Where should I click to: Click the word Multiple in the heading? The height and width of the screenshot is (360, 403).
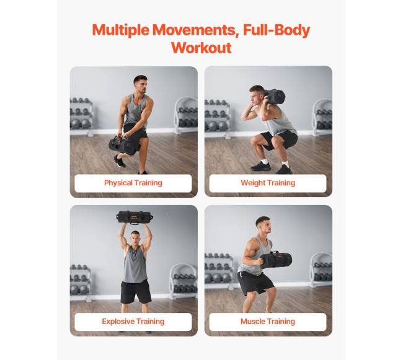pos(120,30)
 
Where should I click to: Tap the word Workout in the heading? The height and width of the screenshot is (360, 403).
pos(201,48)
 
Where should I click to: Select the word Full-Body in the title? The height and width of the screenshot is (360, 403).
pos(277,30)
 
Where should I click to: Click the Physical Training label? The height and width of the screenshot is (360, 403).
pos(133,183)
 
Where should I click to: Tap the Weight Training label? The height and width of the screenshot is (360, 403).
pos(268,183)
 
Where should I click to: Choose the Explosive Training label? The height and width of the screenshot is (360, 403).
pos(133,322)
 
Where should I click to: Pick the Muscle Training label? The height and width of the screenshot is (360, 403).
pos(268,322)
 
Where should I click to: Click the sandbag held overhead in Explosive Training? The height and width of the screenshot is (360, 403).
pos(135,217)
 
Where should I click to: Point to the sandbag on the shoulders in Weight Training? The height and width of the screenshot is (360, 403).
pos(274,97)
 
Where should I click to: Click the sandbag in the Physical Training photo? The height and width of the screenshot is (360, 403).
pos(123,146)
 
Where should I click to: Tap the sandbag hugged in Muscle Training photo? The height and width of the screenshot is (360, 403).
pos(276,260)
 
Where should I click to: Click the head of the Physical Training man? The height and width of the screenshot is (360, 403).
pos(141,84)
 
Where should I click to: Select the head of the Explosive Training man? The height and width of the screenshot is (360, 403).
pos(135,238)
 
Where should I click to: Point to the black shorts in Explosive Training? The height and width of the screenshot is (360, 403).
pos(136,292)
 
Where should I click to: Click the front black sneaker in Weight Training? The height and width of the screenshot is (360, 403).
pos(260,167)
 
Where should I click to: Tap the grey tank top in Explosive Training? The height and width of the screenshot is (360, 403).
pos(135,265)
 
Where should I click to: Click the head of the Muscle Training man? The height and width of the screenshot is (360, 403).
pos(263,225)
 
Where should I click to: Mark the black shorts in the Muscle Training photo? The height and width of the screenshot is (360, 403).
pos(255,283)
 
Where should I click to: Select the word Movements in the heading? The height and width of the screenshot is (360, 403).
pos(194,30)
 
